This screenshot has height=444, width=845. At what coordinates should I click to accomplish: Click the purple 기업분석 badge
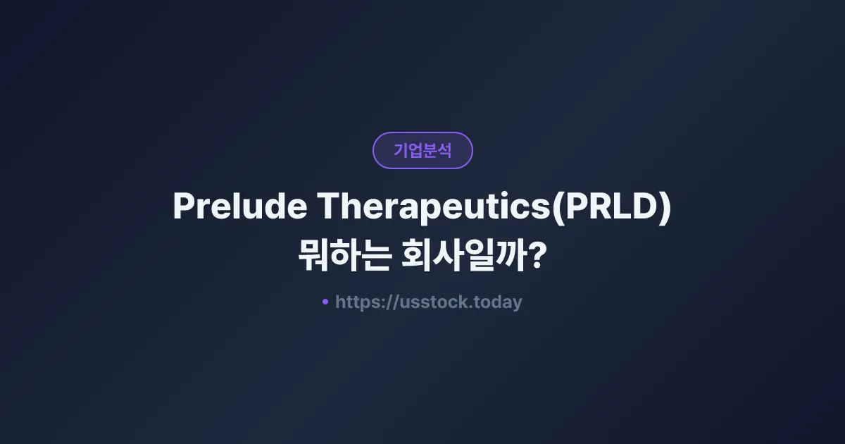tap(423, 150)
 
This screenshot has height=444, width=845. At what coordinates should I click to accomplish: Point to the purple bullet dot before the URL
tap(325, 302)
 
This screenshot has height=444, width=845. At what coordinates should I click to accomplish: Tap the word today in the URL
tap(498, 302)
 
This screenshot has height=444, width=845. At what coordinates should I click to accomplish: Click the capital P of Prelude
tap(183, 206)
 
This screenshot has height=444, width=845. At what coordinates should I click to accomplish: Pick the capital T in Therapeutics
tap(329, 206)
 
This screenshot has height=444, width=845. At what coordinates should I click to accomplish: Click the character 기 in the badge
tap(401, 150)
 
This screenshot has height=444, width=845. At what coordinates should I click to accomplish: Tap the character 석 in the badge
tap(444, 150)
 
